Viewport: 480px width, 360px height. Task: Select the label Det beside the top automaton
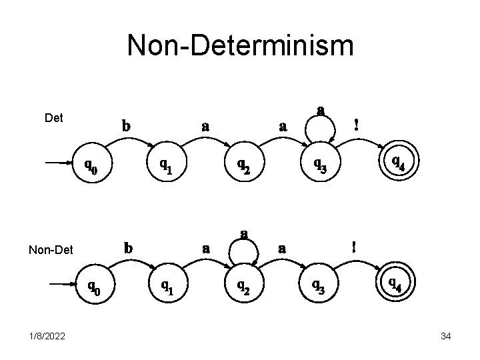pyautogui.click(x=53, y=118)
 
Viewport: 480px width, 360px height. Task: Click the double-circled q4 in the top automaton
pyautogui.click(x=397, y=161)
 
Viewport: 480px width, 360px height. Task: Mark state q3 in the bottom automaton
pyautogui.click(x=318, y=287)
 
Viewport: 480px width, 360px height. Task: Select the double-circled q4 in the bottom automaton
pyautogui.click(x=395, y=285)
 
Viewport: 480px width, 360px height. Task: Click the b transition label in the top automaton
pyautogui.click(x=125, y=125)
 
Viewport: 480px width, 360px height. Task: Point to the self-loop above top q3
pyautogui.click(x=321, y=123)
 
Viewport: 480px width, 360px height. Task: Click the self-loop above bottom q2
pyautogui.click(x=245, y=247)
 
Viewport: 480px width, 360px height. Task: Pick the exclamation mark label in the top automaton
pyautogui.click(x=357, y=124)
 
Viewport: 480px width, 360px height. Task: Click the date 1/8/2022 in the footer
pyautogui.click(x=47, y=337)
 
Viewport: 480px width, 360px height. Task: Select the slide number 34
pyautogui.click(x=446, y=337)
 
